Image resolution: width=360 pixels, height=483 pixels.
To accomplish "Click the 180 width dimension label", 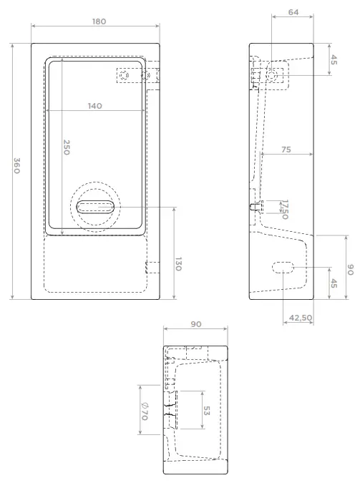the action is pos(99,21).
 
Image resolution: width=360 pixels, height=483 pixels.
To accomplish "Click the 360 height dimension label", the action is pos(17,165).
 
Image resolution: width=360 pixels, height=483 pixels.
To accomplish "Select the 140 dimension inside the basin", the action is pos(95,106).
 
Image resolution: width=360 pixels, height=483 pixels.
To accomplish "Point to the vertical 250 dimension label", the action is pos(67,147).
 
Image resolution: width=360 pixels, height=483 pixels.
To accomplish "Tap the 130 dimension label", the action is pos(178,264).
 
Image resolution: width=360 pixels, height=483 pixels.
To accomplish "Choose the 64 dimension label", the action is pos(293,12).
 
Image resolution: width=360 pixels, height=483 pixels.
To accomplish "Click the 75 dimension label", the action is pos(286,150).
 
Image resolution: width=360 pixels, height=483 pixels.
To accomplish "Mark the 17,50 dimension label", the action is pos(285,210).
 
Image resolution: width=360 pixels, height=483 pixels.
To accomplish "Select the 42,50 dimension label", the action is pos(301,318).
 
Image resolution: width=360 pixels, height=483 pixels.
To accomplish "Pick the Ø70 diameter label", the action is pos(145,411).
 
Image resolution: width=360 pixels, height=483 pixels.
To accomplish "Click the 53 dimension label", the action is pos(207,411).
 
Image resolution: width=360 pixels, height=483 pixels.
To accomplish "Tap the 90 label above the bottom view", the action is pos(196,324).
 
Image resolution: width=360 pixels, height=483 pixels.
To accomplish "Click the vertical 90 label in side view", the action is pos(350,270).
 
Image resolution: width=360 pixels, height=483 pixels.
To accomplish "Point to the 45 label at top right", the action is pos(334,60).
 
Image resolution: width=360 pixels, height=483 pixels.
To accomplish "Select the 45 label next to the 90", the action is pos(334,283).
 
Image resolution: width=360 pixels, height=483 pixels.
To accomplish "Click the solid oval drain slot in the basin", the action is pos(95,207).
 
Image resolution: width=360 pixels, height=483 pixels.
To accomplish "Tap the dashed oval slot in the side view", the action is pos(283,268).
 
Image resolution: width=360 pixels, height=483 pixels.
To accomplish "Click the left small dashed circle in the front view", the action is pos(125,75).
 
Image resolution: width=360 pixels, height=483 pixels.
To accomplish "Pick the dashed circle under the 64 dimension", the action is pos(272,75).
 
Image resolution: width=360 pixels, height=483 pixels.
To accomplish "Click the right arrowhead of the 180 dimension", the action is pos(157,26).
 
